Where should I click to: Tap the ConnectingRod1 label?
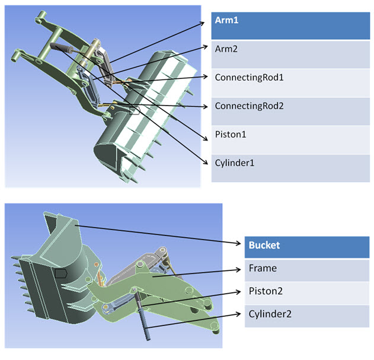pyautogui.click(x=241, y=78)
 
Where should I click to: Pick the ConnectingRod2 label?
pyautogui.click(x=241, y=106)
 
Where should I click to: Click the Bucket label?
pyautogui.click(x=264, y=245)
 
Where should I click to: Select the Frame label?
pyautogui.click(x=263, y=268)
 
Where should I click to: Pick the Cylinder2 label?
pyautogui.click(x=270, y=314)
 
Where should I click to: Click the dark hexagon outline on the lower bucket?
pyautogui.click(x=60, y=273)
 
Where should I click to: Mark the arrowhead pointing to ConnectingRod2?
pyautogui.click(x=207, y=107)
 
